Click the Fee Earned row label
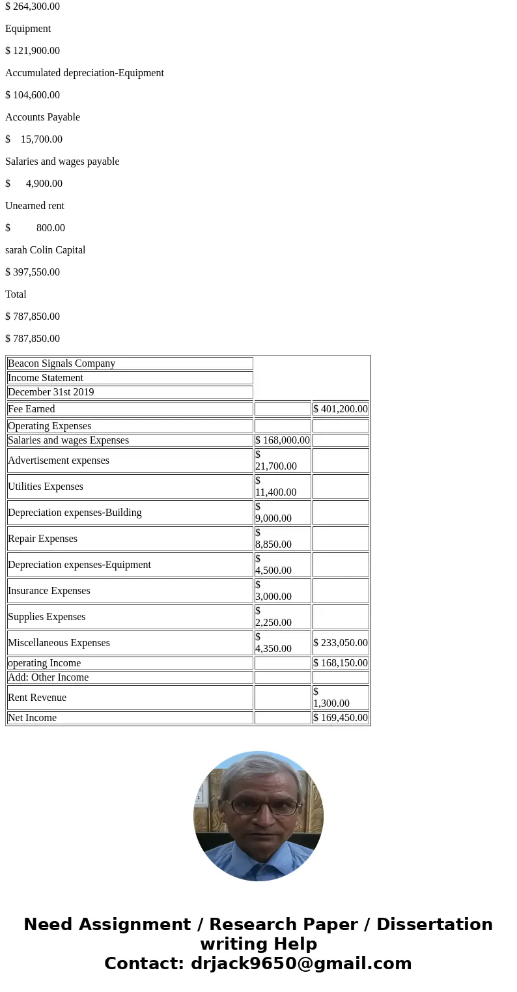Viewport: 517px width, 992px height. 31,409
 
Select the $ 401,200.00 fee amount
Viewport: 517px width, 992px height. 341,409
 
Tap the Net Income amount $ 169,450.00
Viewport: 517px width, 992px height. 341,718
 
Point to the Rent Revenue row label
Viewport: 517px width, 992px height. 37,698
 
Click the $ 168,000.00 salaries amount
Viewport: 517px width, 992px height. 283,440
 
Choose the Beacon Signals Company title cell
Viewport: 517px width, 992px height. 61,363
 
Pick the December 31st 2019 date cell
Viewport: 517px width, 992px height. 51,392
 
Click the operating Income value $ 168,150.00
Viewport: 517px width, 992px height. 341,663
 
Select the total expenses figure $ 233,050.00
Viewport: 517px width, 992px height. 341,643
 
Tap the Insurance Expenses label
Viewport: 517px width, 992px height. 49,591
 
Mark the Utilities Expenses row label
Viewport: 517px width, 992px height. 46,487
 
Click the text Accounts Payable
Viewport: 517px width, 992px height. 42,117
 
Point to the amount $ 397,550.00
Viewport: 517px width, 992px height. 33,272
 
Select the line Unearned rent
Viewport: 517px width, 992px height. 35,206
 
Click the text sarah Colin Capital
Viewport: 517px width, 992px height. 45,250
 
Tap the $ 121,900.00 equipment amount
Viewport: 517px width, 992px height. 33,51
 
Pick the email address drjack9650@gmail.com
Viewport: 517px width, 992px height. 301,963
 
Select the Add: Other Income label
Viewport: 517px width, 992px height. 48,677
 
